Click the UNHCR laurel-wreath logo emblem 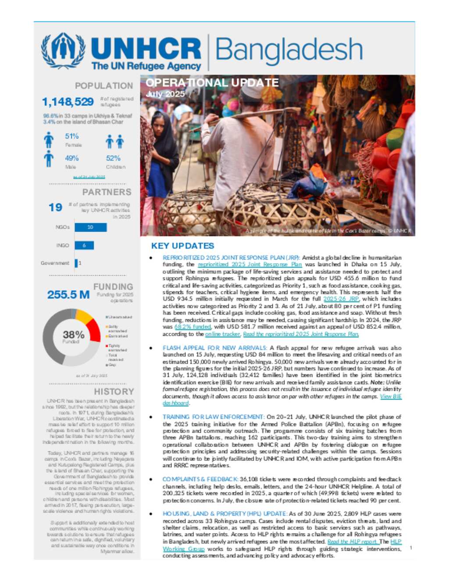(63, 50)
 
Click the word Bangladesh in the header (289, 50)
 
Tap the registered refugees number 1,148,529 (68, 102)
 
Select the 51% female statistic (72, 136)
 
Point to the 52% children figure (113, 158)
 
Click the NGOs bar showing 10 (90, 227)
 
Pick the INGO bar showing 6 (84, 246)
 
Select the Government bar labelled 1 (76, 263)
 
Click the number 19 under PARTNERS (55, 207)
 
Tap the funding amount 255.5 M (68, 295)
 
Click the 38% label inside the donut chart (73, 335)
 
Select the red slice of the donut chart (93, 329)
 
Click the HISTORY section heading (114, 392)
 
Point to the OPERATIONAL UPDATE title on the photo (212, 83)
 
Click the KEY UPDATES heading (182, 246)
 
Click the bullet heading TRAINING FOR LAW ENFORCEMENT (213, 417)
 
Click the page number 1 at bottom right (411, 548)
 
